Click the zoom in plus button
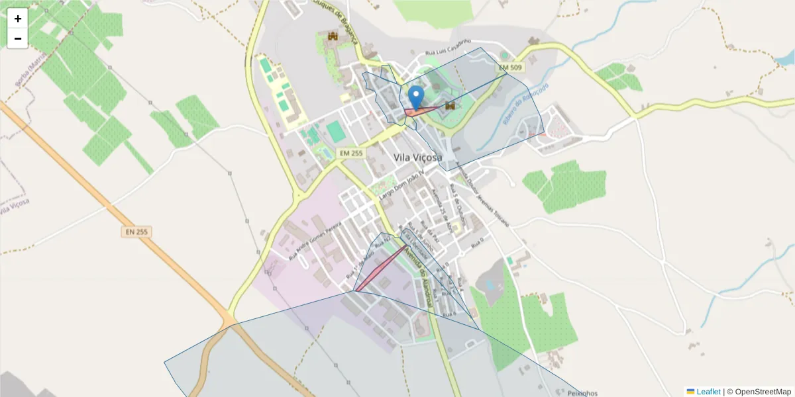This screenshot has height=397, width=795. click(x=18, y=19)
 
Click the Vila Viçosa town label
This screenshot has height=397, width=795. click(x=417, y=157)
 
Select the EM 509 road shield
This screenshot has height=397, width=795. click(x=510, y=67)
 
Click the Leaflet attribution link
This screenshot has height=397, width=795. click(x=708, y=392)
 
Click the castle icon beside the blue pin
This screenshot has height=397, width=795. click(x=450, y=105)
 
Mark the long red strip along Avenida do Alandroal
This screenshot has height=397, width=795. click(x=381, y=268)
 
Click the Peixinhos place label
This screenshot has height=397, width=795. click(x=582, y=393)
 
